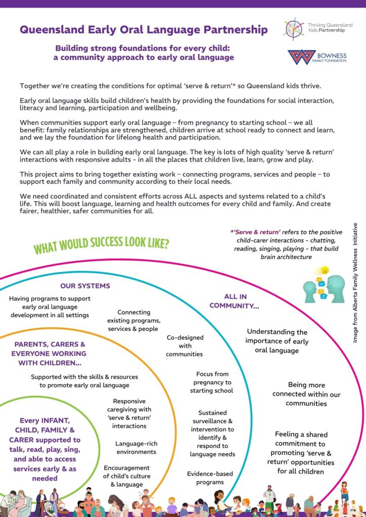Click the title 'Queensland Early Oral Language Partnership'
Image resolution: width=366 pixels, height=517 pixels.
click(144, 30)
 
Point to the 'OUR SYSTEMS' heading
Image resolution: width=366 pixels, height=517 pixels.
click(85, 286)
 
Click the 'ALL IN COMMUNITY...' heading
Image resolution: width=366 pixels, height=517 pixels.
click(242, 301)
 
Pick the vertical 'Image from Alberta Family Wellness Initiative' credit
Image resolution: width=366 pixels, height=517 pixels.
click(355, 283)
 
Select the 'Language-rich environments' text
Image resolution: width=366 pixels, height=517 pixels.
click(136, 447)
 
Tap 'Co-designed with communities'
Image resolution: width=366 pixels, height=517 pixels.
click(185, 345)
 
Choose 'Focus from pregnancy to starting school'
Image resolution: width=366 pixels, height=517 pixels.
click(211, 382)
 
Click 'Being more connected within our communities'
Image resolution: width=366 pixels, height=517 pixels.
click(306, 394)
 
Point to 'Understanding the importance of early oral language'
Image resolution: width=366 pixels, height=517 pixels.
click(277, 341)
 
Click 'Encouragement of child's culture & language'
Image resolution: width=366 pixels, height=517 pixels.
click(126, 476)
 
